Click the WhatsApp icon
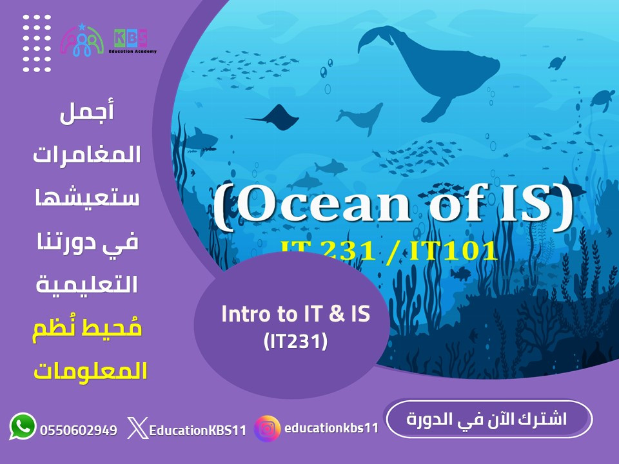pyautogui.click(x=23, y=427)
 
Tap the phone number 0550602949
pyautogui.click(x=79, y=430)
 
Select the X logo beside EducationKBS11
pyautogui.click(x=136, y=429)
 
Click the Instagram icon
pyautogui.click(x=268, y=429)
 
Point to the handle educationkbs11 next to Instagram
pyautogui.click(x=331, y=428)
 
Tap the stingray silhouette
pyautogui.click(x=274, y=116)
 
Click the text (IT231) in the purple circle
pyautogui.click(x=296, y=341)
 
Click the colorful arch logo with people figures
pyautogui.click(x=81, y=41)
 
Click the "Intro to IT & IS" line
pyautogui.click(x=295, y=315)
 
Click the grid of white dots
pyautogui.click(x=36, y=43)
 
